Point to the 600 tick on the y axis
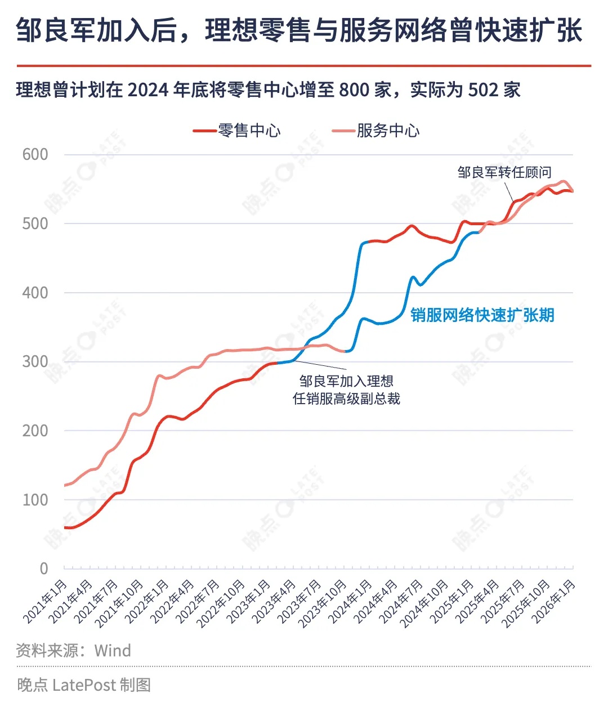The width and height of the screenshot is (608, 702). coord(35,155)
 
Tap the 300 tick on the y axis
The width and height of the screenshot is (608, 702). coord(35,362)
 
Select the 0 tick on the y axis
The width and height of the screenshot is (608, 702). coord(43,569)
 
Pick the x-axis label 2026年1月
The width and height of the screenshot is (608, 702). coord(555,601)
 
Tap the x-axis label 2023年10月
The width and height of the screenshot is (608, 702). coord(323,603)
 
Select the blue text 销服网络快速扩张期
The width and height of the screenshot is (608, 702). coord(482,315)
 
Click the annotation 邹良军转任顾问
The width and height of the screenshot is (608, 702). coord(504,172)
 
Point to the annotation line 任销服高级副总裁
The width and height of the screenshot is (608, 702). coord(346,399)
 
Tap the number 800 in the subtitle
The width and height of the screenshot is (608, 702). coord(354,90)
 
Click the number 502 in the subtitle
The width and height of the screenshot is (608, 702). coord(483,90)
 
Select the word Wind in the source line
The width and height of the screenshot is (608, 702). coord(113,651)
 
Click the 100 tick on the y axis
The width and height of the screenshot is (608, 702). coord(35,500)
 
